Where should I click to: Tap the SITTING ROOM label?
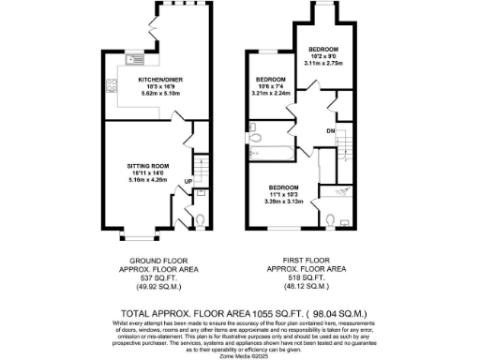point(152,166)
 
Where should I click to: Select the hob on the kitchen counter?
point(112,86)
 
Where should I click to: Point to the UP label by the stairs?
point(187,181)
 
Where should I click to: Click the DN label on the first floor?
point(331,130)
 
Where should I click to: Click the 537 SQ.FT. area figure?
point(152,277)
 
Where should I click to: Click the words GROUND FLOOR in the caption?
point(152,261)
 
